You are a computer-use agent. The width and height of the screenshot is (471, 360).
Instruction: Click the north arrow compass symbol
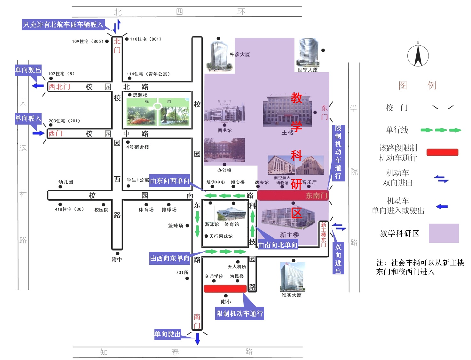pyautogui.click(x=418, y=55)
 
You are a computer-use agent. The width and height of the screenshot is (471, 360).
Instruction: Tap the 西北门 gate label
pyautogui.click(x=59, y=87)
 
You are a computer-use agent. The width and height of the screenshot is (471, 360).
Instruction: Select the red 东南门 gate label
pyautogui.click(x=317, y=195)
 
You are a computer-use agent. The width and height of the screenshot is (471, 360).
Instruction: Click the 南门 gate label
pyautogui.click(x=197, y=321)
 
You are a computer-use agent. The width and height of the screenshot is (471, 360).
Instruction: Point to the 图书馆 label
pyautogui.click(x=224, y=130)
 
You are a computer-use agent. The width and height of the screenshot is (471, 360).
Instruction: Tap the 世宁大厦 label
pyautogui.click(x=308, y=70)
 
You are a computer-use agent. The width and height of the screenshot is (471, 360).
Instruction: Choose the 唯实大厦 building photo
pyautogui.click(x=292, y=277)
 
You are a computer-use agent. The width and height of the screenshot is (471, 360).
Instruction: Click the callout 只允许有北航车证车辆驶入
pyautogui.click(x=63, y=25)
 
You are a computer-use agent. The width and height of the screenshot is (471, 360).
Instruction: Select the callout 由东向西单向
pyautogui.click(x=170, y=181)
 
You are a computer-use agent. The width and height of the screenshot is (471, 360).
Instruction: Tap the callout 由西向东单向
pyautogui.click(x=170, y=258)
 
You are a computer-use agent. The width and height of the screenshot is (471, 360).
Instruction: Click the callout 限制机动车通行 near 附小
pyautogui.click(x=239, y=314)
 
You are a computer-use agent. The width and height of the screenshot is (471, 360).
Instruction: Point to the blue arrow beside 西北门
pyautogui.click(x=38, y=86)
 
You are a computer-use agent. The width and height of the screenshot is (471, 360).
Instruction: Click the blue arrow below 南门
pyautogui.click(x=197, y=338)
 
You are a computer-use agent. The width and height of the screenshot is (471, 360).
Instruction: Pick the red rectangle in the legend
pyautogui.click(x=442, y=152)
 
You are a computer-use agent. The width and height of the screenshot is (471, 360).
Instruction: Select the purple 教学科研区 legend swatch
pyautogui.click(x=444, y=233)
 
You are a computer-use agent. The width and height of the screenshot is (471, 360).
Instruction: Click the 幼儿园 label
pyautogui.click(x=66, y=182)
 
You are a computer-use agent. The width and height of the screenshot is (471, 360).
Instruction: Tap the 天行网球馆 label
pyautogui.click(x=221, y=236)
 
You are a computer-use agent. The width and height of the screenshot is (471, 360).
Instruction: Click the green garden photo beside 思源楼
pyautogui.click(x=158, y=112)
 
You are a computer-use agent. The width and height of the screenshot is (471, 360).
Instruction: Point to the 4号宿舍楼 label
pyautogui.click(x=138, y=147)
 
